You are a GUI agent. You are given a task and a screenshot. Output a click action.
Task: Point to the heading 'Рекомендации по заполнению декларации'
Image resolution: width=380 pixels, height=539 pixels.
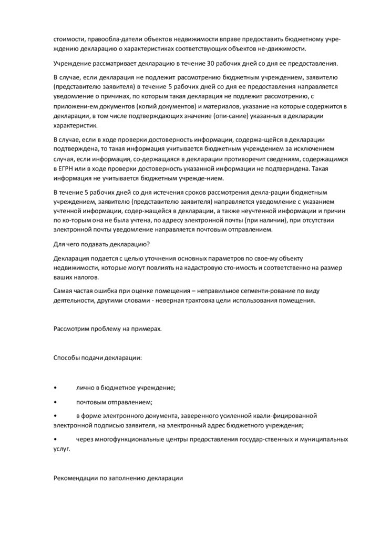tap(118, 480)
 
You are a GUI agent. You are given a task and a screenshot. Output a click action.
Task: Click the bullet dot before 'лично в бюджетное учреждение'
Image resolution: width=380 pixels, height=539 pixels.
tap(56, 387)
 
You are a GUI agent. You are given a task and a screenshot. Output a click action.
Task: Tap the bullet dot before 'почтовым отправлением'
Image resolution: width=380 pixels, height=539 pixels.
tap(56, 402)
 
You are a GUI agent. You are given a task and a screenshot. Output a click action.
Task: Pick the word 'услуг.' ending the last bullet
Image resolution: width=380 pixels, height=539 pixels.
tap(61, 450)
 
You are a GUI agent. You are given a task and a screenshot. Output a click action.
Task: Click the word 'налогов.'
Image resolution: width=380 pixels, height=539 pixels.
tap(86, 277)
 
